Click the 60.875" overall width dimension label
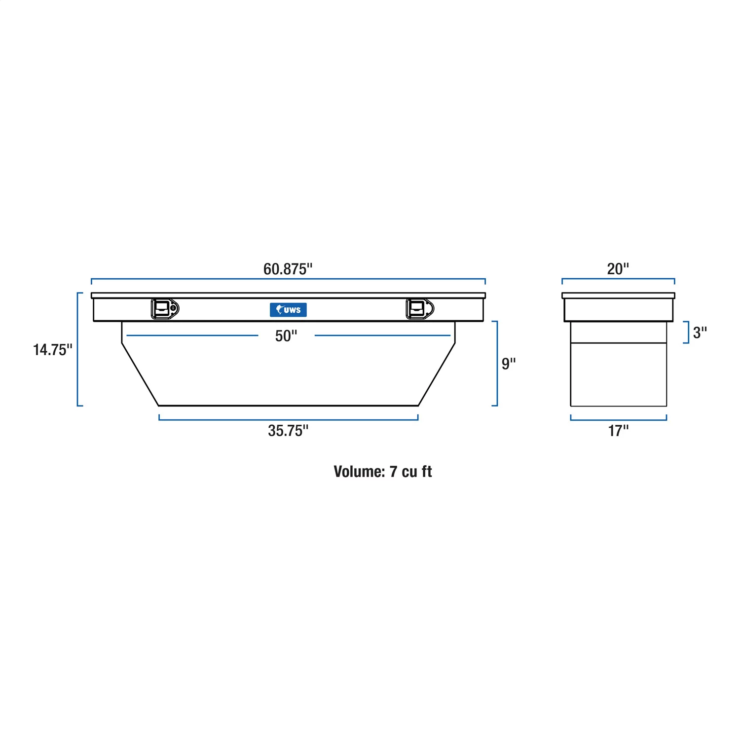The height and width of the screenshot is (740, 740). pos(288,269)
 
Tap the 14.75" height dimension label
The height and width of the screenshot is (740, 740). pos(52,350)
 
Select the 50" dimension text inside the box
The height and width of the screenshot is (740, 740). pos(286,336)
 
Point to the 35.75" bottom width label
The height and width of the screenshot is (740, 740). pos(288,431)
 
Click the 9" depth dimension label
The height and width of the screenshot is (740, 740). pos(508,364)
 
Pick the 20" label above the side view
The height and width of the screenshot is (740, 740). pos(618,269)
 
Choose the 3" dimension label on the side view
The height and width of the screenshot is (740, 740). pos(700,333)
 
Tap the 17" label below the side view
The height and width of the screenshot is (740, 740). pos(618,431)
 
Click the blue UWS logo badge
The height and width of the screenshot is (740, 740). pos(288,310)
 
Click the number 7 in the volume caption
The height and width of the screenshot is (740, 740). pos(393,472)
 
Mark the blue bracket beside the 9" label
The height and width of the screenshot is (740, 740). pos(496,364)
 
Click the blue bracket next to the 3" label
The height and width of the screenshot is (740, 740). pos(687,332)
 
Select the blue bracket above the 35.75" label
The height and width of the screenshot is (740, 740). pos(288,419)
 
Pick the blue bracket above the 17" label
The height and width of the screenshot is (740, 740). pos(618,420)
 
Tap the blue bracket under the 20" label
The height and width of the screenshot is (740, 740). pos(618,279)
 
